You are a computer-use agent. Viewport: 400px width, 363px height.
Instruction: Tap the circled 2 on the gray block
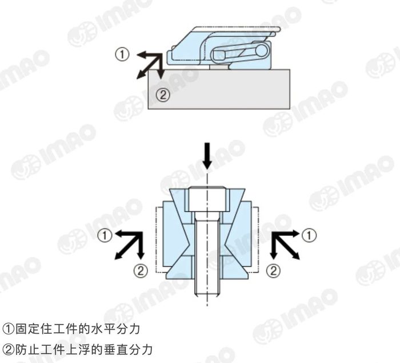tap(163, 96)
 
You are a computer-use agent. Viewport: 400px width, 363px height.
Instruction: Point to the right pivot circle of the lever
tap(262, 50)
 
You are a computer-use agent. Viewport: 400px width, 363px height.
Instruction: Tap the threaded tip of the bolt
tap(206, 290)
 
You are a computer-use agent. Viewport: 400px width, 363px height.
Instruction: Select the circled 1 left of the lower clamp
tap(105, 235)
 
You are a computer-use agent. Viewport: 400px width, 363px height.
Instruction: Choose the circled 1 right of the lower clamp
tap(309, 235)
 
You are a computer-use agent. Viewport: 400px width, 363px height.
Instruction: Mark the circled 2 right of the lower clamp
tap(275, 270)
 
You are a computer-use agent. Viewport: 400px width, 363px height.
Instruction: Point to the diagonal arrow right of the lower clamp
tap(286, 247)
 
